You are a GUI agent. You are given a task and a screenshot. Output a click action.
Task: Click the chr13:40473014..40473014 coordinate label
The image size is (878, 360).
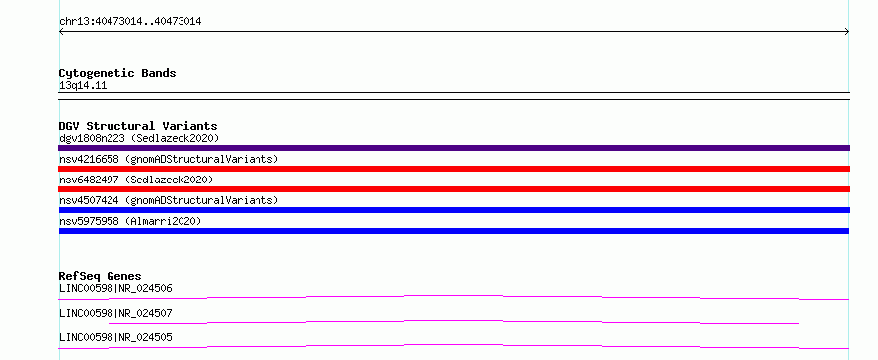pyautogui.click(x=130, y=22)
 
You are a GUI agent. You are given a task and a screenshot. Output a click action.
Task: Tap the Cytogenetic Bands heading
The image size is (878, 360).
pyautogui.click(x=117, y=73)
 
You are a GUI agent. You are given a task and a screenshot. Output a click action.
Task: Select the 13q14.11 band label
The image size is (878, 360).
pyautogui.click(x=83, y=86)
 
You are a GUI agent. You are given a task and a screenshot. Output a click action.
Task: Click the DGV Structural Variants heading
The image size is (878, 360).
pyautogui.click(x=138, y=126)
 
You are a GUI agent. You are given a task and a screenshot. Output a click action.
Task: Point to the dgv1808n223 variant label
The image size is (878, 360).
pyautogui.click(x=92, y=138)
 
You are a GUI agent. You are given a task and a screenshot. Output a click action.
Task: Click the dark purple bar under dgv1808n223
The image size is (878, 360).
pyautogui.click(x=454, y=148)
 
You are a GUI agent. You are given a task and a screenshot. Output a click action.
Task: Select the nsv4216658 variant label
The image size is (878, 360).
pyautogui.click(x=89, y=159)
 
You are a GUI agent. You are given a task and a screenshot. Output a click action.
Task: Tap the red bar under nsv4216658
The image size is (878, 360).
pyautogui.click(x=454, y=169)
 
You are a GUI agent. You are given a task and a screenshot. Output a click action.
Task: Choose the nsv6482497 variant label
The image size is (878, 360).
pyautogui.click(x=89, y=180)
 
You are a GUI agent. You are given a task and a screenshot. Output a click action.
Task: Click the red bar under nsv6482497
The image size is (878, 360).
pyautogui.click(x=454, y=189)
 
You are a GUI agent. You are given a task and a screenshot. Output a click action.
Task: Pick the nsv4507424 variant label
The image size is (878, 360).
pyautogui.click(x=89, y=200)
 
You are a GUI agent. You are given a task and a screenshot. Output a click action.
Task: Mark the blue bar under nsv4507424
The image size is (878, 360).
pyautogui.click(x=454, y=210)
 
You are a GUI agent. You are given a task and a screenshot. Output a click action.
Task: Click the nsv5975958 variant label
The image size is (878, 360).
pyautogui.click(x=89, y=221)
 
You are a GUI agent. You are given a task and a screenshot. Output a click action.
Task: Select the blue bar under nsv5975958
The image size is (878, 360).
pyautogui.click(x=454, y=231)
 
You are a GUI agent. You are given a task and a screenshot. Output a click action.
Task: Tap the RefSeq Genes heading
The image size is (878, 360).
pyautogui.click(x=101, y=276)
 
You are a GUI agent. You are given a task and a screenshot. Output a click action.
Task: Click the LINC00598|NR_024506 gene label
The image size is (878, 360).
pyautogui.click(x=115, y=289)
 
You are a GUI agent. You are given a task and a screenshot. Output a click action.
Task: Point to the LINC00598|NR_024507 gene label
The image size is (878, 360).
pyautogui.click(x=115, y=313)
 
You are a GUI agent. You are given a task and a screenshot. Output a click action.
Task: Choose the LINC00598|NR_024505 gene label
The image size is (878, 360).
pyautogui.click(x=115, y=337)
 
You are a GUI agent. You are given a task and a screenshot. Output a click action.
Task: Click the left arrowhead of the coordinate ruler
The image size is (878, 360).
pyautogui.click(x=60, y=32)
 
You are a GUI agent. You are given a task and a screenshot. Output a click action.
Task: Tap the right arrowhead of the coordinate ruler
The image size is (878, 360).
pyautogui.click(x=848, y=32)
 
